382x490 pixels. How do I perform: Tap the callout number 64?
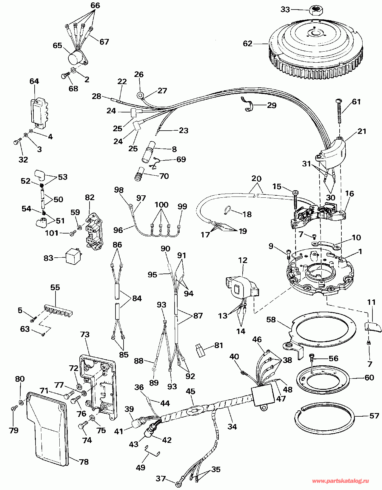34,81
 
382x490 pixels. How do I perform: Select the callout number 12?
243,260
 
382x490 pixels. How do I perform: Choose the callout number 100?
161,205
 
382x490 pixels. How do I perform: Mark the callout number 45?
191,391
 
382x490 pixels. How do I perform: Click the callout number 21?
362,131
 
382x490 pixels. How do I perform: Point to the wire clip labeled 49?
152,452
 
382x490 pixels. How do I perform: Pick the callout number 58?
271,320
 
